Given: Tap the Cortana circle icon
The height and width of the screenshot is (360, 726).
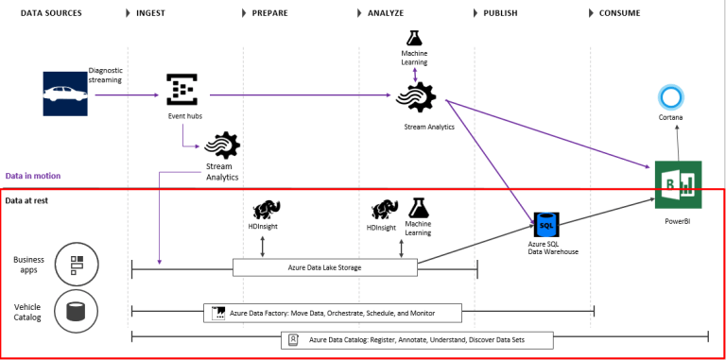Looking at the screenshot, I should pos(670,97).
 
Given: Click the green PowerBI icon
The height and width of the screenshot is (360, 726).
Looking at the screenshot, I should pos(677,185).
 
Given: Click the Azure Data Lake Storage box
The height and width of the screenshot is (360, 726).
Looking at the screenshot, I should pos(324,267).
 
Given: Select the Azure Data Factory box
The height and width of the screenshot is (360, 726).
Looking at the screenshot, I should pos(333,313).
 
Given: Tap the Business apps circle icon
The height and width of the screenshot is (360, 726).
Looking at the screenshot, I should pos(74,265).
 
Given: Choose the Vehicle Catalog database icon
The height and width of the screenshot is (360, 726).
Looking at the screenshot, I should pos(74,310).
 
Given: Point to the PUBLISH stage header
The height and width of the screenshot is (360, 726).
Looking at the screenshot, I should pos(500,13).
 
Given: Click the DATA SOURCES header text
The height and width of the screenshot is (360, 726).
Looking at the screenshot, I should pos(51,13).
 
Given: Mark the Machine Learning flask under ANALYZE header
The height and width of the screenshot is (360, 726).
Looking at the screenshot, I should pos(414,39).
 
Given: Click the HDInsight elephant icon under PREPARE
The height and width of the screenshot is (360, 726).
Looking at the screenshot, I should pos(264,210).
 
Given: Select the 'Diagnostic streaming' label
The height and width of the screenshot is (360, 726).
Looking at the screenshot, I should pos(106,75).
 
